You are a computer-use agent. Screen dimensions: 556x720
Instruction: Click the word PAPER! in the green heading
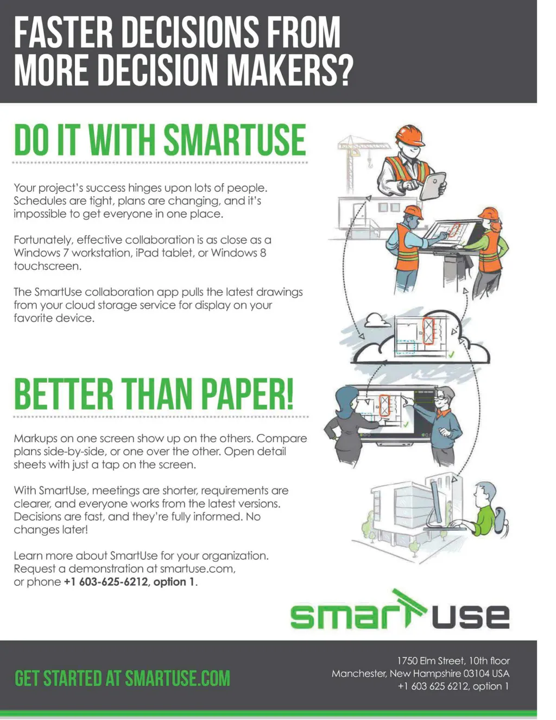click(248, 395)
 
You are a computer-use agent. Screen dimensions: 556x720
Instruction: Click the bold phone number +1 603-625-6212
click(105, 581)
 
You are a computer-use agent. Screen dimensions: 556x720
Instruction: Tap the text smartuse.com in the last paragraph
click(197, 568)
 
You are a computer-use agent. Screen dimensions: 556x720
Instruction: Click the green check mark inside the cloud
click(451, 354)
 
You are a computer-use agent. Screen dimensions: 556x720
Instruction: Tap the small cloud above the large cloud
click(376, 321)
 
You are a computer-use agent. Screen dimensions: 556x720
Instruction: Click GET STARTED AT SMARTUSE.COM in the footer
click(122, 678)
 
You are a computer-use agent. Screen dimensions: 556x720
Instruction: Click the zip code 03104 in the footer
click(476, 673)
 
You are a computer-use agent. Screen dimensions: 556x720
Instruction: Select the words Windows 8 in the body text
click(238, 253)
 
